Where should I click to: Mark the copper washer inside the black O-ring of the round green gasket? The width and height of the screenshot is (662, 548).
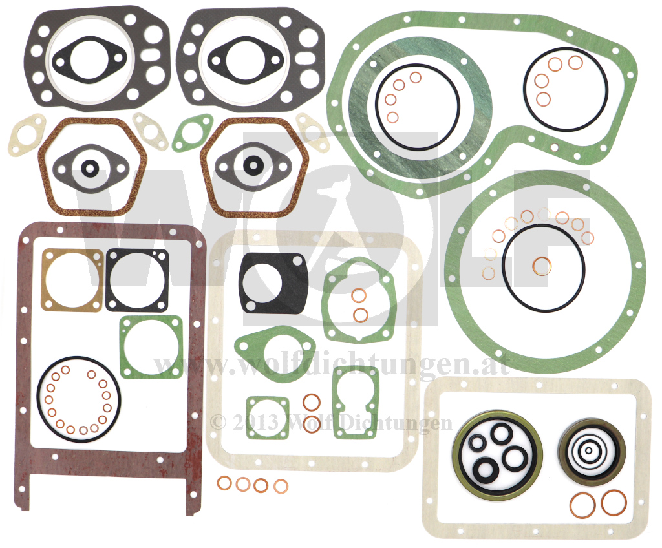click(542, 266)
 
